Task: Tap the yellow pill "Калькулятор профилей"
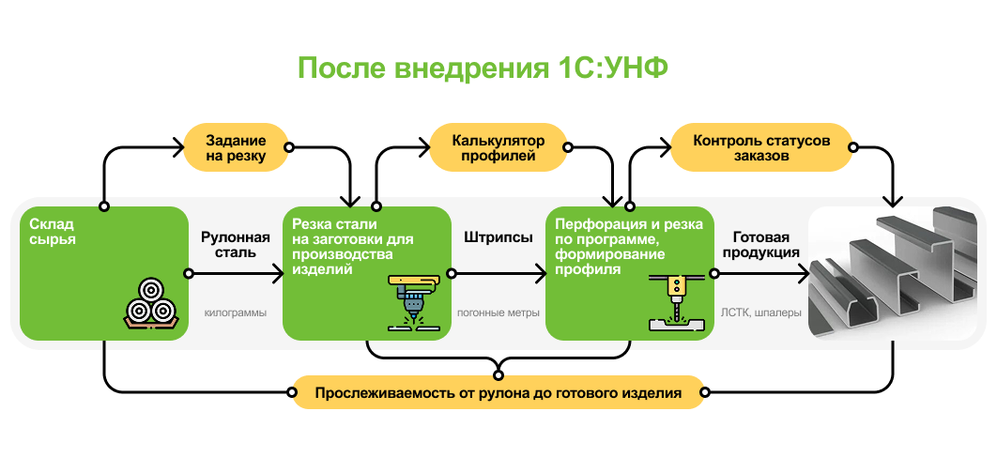pyautogui.click(x=498, y=147)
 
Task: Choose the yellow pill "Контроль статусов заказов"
pyautogui.click(x=761, y=147)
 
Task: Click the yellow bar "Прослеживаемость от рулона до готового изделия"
pyautogui.click(x=498, y=391)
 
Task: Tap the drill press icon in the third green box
pyautogui.click(x=674, y=302)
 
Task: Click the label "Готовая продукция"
pyautogui.click(x=760, y=245)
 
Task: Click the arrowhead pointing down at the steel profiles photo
pyautogui.click(x=894, y=199)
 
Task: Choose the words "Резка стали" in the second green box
pyautogui.click(x=334, y=224)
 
